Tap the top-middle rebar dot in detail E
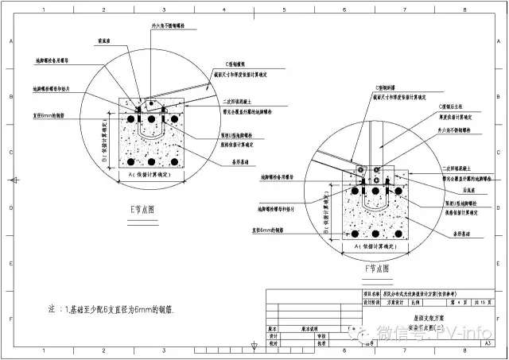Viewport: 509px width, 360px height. [151, 119]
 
